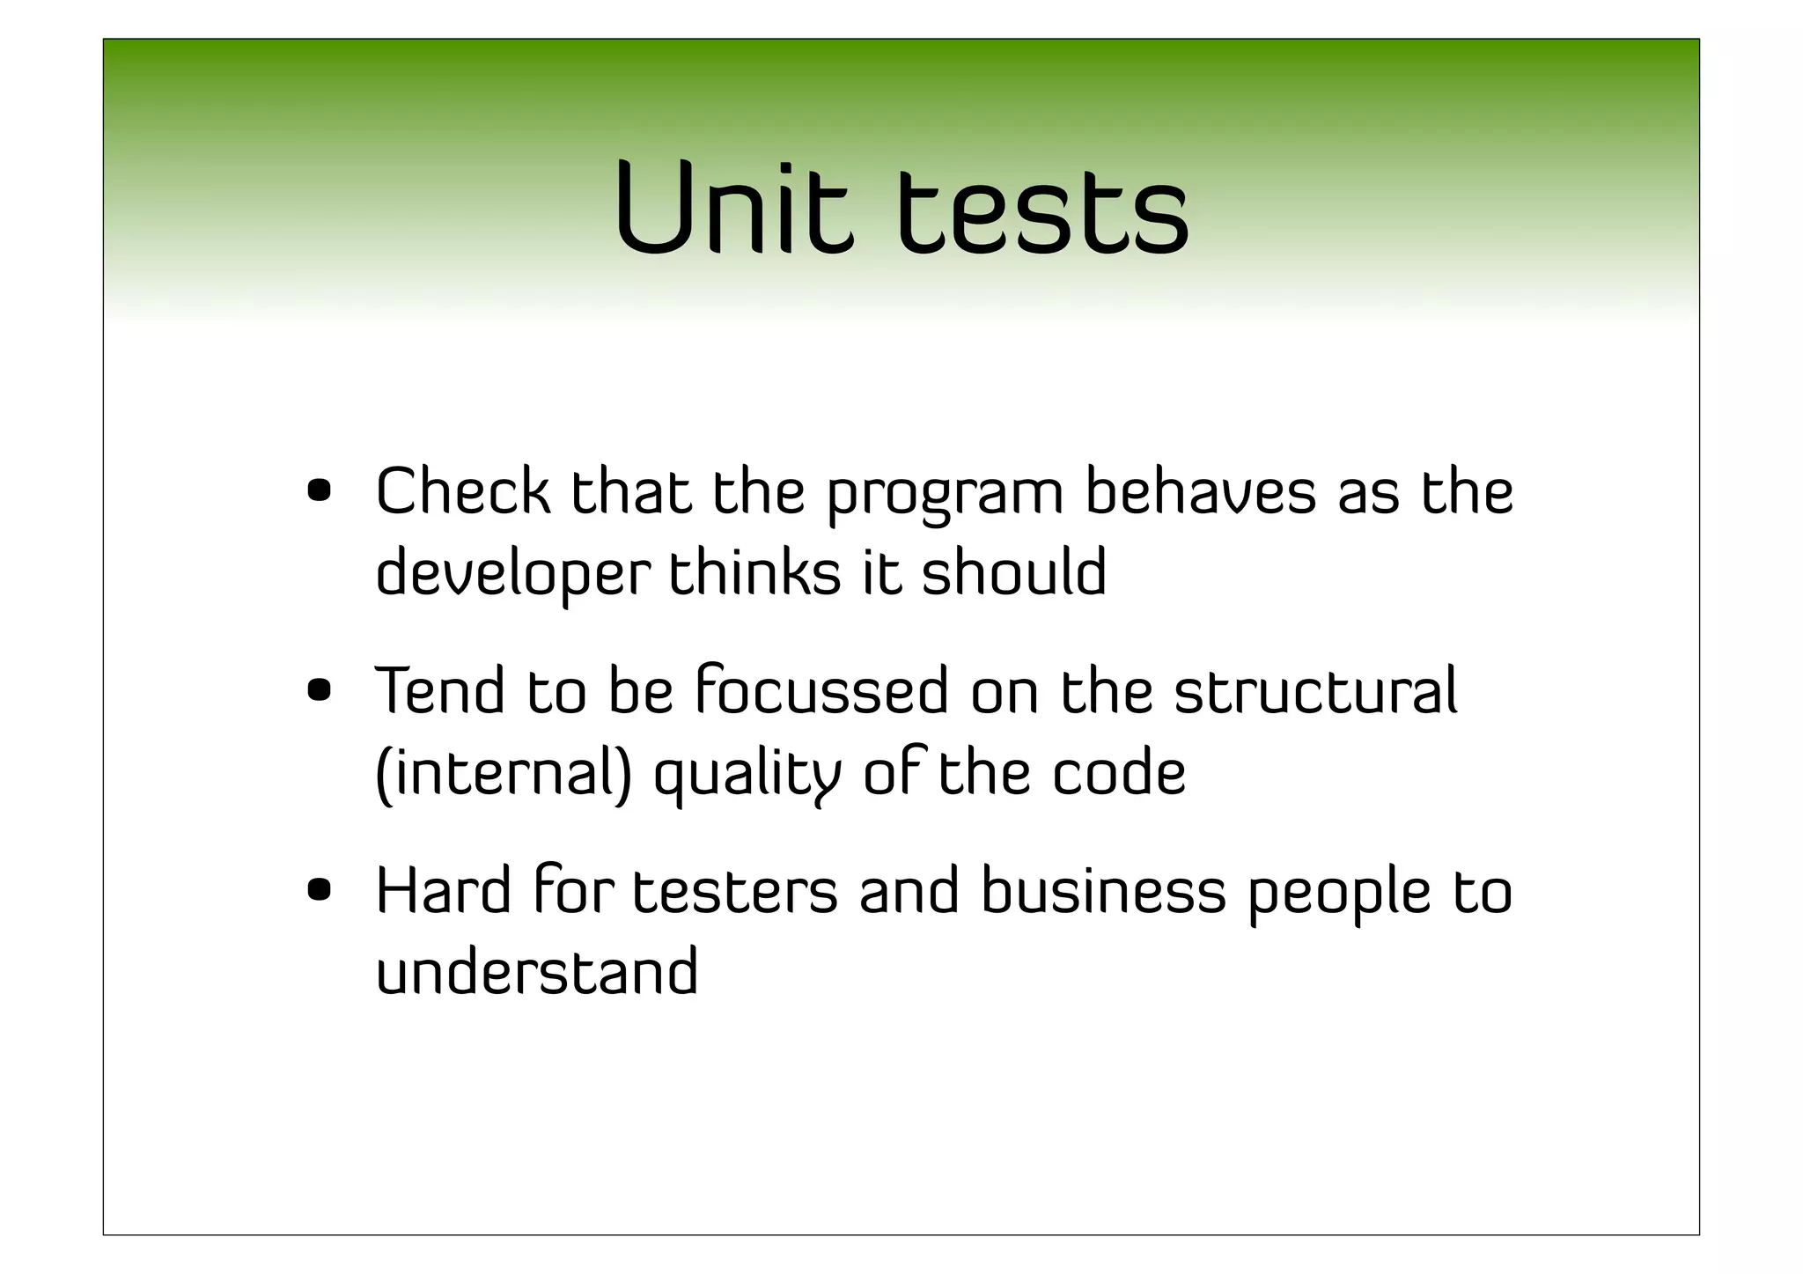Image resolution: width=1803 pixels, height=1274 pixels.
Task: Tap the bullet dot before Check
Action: pos(320,490)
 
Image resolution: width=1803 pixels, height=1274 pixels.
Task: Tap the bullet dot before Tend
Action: pos(320,691)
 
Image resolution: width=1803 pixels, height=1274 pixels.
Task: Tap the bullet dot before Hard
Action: pos(320,891)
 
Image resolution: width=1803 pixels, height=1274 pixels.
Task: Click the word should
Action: pos(1014,571)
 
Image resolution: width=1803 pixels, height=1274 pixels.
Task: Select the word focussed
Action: pos(822,691)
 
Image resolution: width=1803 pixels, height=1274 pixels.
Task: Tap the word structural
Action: pos(1316,691)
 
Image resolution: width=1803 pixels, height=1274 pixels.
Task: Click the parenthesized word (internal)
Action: pos(504,773)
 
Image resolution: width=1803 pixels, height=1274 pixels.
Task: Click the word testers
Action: pos(735,891)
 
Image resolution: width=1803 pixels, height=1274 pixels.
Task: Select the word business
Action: pos(1103,891)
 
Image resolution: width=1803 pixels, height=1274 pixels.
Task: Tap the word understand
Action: pos(537,972)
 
